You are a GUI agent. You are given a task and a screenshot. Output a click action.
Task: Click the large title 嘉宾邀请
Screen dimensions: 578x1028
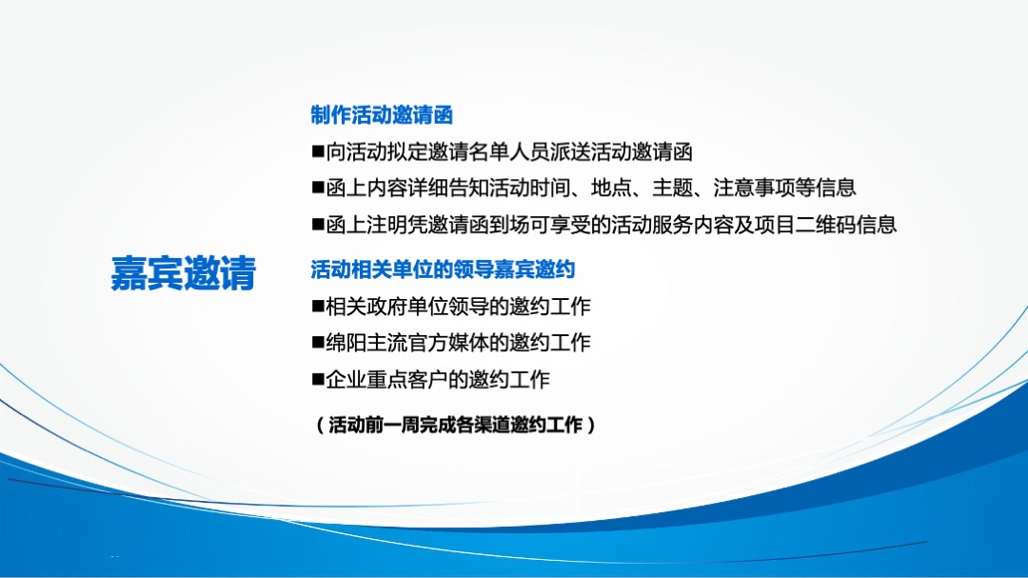184,273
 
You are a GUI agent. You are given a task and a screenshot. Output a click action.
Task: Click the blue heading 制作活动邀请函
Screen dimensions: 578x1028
382,116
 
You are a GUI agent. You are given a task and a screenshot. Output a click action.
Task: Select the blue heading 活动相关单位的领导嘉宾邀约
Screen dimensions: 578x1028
443,270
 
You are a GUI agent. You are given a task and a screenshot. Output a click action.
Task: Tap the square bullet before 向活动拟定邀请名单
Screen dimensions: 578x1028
318,152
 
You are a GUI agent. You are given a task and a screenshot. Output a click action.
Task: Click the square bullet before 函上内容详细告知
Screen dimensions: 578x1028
318,189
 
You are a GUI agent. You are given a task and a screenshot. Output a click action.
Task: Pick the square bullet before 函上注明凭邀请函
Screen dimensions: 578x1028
318,226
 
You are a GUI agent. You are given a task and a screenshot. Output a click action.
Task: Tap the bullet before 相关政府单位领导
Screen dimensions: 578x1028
318,307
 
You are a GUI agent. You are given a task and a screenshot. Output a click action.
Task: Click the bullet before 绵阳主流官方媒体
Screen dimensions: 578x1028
318,343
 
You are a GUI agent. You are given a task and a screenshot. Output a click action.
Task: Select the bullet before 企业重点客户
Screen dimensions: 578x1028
318,380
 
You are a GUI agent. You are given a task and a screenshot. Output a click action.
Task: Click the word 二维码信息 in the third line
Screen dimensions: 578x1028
846,226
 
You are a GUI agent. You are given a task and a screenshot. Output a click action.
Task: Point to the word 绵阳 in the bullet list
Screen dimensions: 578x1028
345,343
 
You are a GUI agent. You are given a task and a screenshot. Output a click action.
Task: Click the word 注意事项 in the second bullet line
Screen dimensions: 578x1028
753,189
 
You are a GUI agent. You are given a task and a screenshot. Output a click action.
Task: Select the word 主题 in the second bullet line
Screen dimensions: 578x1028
672,189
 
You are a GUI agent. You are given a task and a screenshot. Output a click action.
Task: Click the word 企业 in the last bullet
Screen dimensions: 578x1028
345,380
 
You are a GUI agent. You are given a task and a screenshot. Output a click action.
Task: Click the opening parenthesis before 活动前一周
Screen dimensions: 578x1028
320,426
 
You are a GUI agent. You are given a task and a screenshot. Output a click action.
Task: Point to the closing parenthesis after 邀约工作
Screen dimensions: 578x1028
592,426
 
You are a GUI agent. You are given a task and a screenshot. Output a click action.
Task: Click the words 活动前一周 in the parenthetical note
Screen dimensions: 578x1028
373,426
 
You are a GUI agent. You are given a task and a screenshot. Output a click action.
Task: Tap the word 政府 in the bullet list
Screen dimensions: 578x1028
382,307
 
